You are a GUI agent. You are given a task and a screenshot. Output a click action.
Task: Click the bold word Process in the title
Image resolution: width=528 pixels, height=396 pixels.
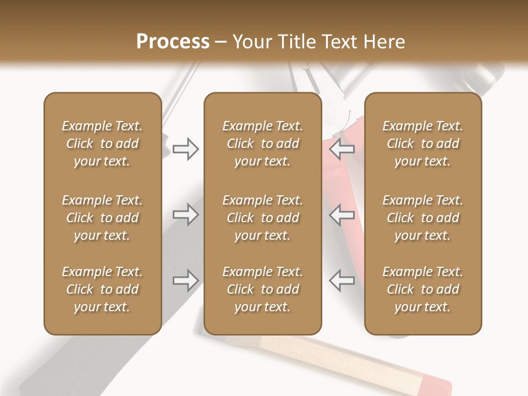[x=173, y=42]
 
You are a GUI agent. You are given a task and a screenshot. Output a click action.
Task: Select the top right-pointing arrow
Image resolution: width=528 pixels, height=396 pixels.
[x=185, y=148]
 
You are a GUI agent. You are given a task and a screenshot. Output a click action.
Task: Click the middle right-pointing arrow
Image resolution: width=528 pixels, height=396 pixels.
[x=185, y=214]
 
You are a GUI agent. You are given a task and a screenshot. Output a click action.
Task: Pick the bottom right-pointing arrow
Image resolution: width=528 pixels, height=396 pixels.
[x=185, y=280]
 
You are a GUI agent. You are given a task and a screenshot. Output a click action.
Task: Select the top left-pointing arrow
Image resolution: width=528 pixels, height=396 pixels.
[x=342, y=148]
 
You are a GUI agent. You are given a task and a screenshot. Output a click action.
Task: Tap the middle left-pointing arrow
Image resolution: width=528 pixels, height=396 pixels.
[x=342, y=214]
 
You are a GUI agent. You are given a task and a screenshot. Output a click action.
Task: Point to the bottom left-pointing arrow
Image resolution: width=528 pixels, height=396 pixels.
[x=342, y=280]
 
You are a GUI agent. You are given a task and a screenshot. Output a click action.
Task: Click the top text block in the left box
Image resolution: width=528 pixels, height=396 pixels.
[x=102, y=144]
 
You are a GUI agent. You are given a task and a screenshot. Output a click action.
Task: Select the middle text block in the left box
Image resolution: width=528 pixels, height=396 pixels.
[x=102, y=218]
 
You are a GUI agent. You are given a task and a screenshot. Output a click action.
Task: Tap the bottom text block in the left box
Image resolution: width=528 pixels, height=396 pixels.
[x=102, y=289]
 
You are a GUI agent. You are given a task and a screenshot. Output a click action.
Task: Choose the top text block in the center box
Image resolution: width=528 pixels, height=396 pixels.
[x=262, y=144]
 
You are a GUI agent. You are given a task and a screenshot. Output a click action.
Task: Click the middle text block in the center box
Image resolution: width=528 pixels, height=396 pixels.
[x=262, y=218]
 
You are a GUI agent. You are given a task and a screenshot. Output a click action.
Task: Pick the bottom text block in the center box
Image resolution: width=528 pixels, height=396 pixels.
[x=262, y=289]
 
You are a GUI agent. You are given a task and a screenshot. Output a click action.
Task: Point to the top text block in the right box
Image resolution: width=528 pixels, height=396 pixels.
[x=422, y=144]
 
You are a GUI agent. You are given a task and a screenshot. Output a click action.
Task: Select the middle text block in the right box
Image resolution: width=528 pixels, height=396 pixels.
[x=422, y=218]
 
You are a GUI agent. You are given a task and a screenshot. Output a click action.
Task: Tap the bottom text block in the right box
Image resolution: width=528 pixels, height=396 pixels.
[x=422, y=289]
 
